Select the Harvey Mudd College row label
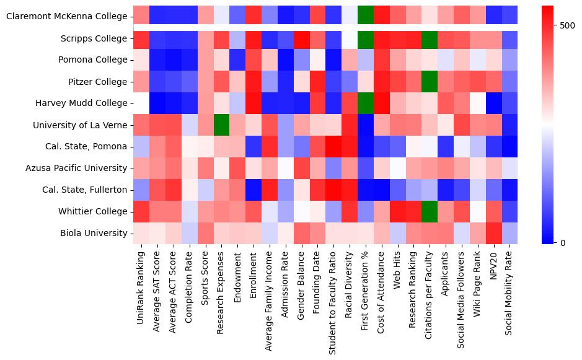[x=84, y=103]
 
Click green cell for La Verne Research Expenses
[x=221, y=125]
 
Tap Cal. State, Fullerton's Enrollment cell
[x=253, y=190]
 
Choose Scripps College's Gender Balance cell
[x=301, y=38]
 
